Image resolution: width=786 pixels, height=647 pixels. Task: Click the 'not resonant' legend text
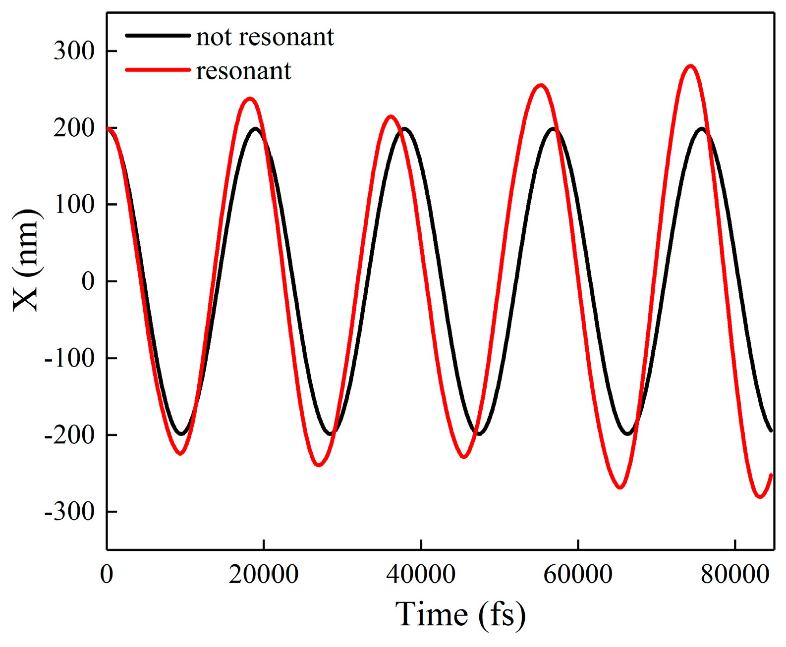[265, 37]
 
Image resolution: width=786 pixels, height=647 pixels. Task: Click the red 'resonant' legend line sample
[158, 70]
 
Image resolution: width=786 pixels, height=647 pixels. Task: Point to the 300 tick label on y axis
[74, 51]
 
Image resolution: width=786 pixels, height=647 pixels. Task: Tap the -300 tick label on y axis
[69, 511]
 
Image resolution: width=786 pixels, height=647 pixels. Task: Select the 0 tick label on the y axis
[87, 281]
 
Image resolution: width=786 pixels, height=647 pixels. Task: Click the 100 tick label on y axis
[74, 204]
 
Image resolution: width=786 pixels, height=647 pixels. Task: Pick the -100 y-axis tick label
[69, 358]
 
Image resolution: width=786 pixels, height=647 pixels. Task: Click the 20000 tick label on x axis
[264, 575]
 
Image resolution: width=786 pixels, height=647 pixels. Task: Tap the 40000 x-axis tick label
[421, 575]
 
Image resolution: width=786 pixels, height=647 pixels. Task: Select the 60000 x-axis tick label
[578, 575]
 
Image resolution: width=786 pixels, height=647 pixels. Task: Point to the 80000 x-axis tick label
[734, 575]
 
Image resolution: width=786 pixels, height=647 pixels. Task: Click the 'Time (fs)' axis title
[460, 614]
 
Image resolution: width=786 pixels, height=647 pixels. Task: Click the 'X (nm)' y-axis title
[26, 260]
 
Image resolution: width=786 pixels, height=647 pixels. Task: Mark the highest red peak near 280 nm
[690, 66]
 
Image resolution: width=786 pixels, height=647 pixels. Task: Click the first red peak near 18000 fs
[250, 99]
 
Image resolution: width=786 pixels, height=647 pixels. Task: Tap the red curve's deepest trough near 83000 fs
[760, 496]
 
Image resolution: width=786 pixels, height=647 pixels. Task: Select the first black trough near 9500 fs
[182, 434]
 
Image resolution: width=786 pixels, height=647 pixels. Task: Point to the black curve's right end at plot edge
[771, 430]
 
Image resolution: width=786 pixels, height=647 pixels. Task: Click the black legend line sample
[158, 36]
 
